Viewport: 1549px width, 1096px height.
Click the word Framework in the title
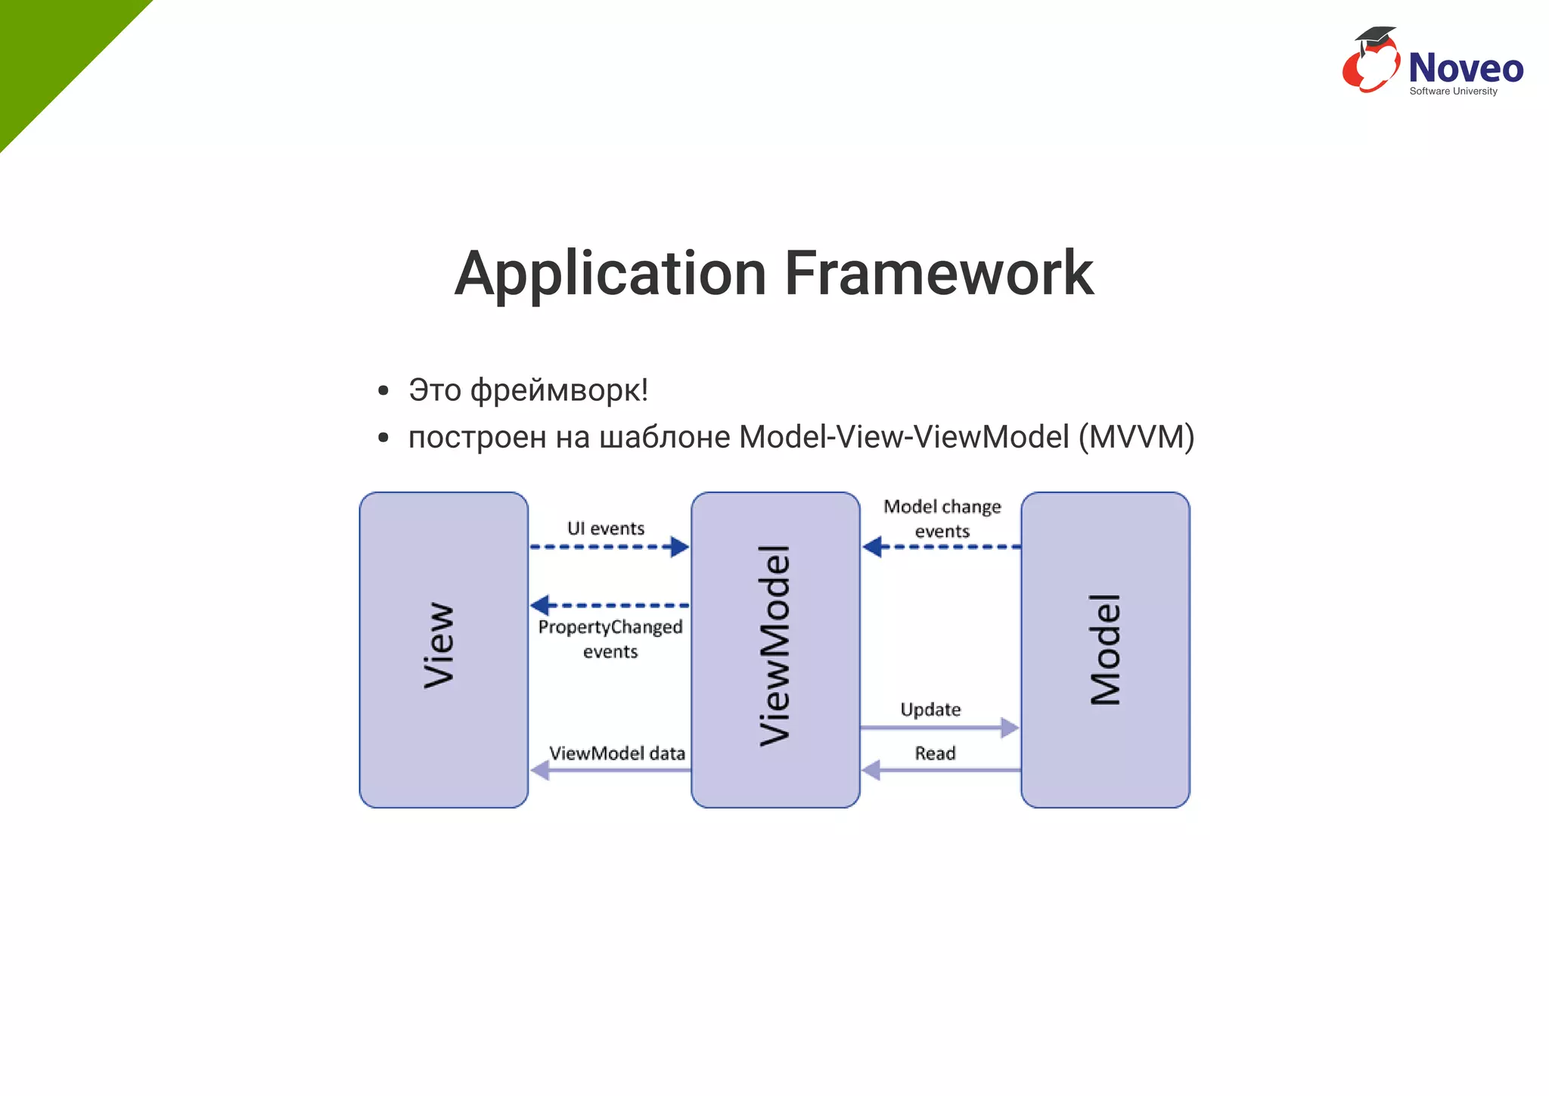coord(939,274)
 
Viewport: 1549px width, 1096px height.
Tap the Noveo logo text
coord(1465,68)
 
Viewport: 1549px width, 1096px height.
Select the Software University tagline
coord(1453,92)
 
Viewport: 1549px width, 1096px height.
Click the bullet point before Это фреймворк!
coord(383,391)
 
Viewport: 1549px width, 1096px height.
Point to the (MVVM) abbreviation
coord(1136,437)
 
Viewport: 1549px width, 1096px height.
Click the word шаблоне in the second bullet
coord(665,437)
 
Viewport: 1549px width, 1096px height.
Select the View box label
coord(439,645)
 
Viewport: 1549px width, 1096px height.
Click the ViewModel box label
coord(774,645)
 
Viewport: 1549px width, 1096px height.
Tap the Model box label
coord(1105,649)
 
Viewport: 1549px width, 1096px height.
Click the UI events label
coord(606,529)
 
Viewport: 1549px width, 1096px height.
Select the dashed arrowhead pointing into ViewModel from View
coord(679,547)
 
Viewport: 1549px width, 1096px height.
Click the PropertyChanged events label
coord(610,639)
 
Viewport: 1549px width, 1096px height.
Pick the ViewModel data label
coord(617,753)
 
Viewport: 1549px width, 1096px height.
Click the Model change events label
coord(942,519)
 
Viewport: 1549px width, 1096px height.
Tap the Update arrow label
coord(930,709)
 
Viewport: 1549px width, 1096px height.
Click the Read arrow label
coord(935,753)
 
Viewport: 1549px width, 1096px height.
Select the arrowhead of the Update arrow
coord(1010,728)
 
